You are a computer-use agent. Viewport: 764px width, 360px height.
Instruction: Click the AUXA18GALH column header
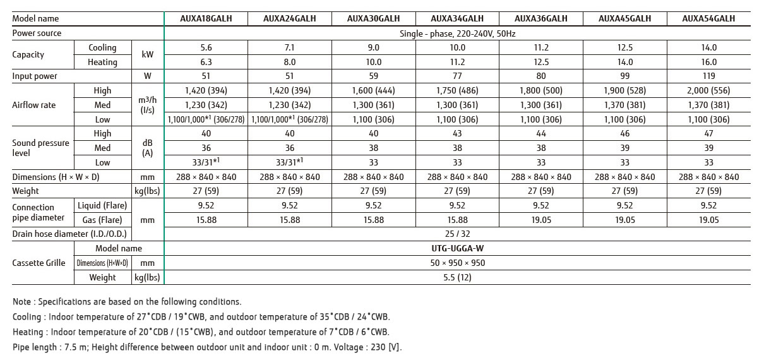(x=206, y=18)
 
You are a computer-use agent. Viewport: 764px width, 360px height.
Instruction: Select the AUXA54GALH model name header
(x=708, y=18)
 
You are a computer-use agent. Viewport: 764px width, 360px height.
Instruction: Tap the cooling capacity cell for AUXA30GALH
(x=373, y=47)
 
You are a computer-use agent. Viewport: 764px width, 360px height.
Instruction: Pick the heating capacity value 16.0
(x=708, y=62)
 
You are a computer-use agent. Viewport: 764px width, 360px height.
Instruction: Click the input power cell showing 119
(x=708, y=76)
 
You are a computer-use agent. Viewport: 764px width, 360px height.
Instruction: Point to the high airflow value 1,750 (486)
(x=457, y=90)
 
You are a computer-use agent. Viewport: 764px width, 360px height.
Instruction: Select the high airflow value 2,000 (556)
(x=708, y=90)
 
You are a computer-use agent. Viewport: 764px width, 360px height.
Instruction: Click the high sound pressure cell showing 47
(x=708, y=133)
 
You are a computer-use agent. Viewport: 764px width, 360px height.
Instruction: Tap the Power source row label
(x=37, y=33)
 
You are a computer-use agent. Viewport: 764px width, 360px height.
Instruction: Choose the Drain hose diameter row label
(x=69, y=234)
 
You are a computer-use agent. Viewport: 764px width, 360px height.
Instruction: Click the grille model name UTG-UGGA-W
(x=457, y=248)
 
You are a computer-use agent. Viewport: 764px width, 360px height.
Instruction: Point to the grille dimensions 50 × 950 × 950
(x=457, y=263)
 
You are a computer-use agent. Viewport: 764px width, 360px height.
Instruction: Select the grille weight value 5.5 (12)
(x=457, y=277)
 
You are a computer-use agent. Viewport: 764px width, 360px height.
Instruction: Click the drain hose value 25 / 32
(x=457, y=234)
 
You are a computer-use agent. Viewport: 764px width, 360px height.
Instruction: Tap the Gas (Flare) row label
(x=102, y=220)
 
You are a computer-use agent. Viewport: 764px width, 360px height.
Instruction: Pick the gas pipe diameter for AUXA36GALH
(x=541, y=220)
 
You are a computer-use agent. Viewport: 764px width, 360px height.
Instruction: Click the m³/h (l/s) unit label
(x=147, y=105)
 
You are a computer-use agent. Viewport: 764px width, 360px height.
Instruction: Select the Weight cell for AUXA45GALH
(x=625, y=191)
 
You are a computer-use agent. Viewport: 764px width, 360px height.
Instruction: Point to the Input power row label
(x=35, y=76)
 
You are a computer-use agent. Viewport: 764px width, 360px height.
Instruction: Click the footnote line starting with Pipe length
(x=207, y=347)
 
